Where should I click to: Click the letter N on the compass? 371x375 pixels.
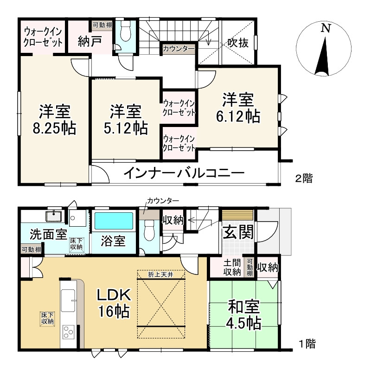tap(326, 28)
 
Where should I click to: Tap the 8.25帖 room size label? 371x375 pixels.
tap(55, 128)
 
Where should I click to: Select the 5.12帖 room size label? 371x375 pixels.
tap(126, 127)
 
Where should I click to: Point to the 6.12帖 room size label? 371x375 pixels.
tap(237, 116)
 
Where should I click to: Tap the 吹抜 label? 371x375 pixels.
tap(237, 43)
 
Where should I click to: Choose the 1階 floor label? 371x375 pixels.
tap(307, 344)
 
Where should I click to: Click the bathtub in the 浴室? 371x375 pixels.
tap(114, 221)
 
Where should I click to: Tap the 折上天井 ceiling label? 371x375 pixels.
tap(161, 273)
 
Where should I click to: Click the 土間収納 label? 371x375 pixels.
tap(232, 267)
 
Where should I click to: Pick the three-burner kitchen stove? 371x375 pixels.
tap(68, 332)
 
